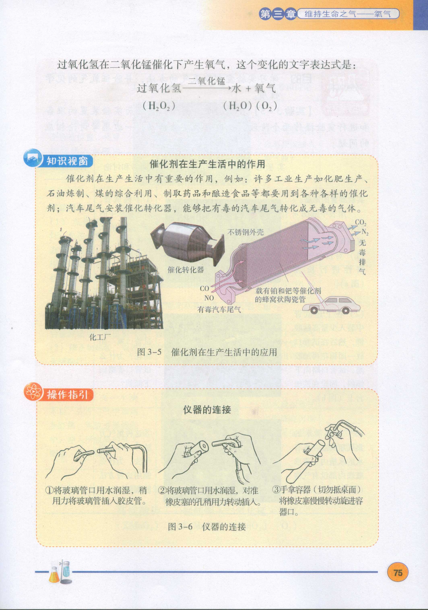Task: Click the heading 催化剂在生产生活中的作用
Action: click(x=207, y=164)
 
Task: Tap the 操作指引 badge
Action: click(x=59, y=395)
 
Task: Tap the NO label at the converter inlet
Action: click(x=209, y=298)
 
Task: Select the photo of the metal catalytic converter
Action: click(x=188, y=245)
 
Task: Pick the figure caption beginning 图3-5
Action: click(x=207, y=352)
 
